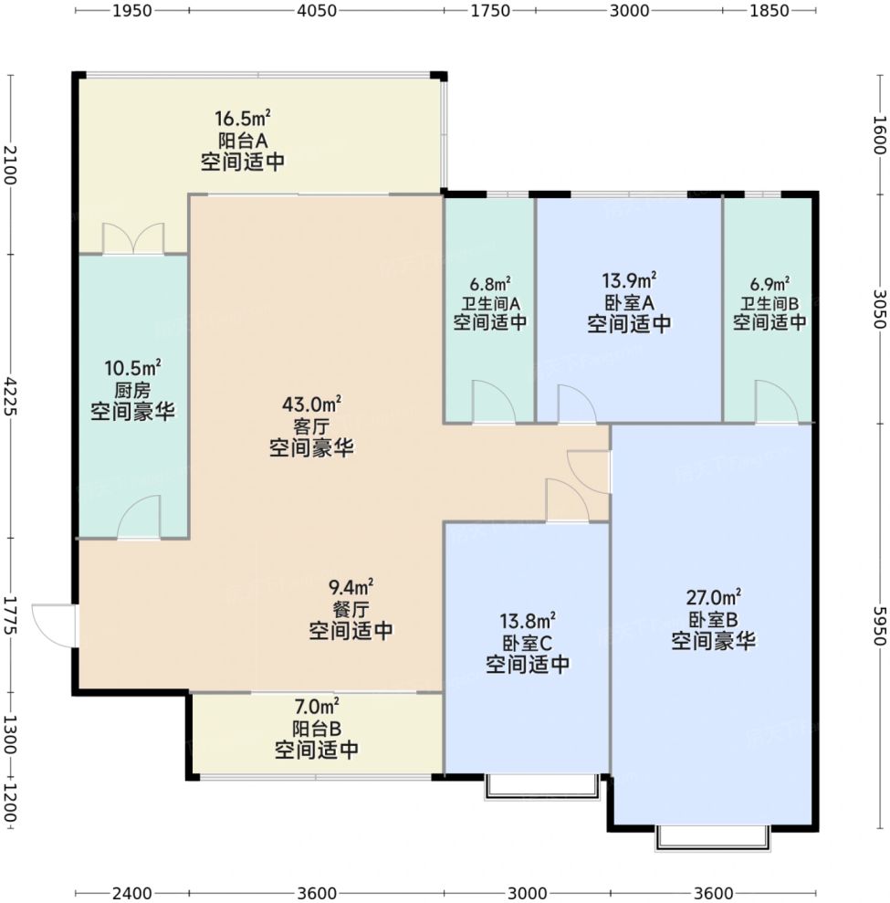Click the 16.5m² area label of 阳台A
[x=243, y=118]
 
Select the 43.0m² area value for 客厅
[x=311, y=404]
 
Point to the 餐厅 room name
[x=351, y=609]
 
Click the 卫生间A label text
[x=490, y=302]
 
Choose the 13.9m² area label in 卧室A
[x=629, y=280]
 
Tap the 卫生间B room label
[x=770, y=302]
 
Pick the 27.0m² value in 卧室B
[x=713, y=597]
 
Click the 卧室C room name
[x=528, y=643]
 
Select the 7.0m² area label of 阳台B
[x=317, y=706]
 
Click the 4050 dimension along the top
[x=317, y=10]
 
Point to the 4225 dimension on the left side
[x=10, y=396]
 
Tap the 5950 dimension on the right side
[x=879, y=626]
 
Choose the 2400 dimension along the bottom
[x=131, y=893]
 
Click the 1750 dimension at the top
[x=490, y=10]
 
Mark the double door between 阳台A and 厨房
[x=133, y=238]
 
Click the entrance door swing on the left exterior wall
[x=54, y=625]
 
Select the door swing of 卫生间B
[x=777, y=402]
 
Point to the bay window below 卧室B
[x=713, y=838]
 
